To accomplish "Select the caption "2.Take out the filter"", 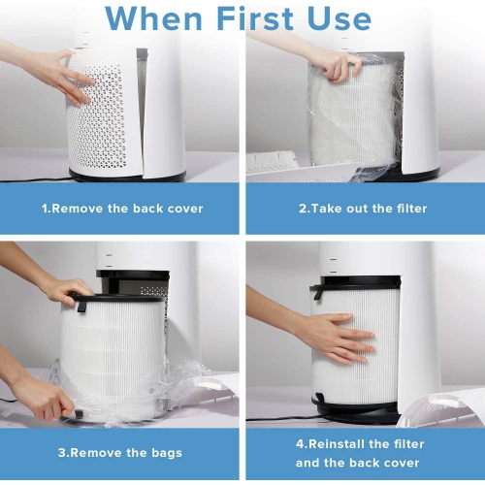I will click(x=364, y=208).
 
